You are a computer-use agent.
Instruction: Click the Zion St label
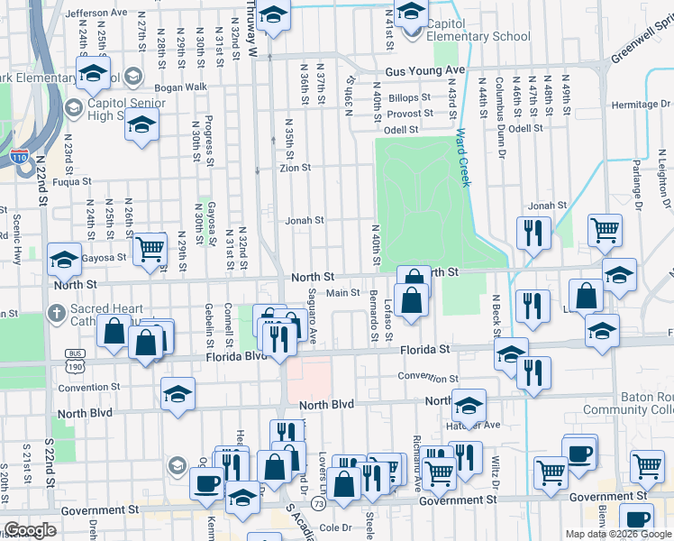(x=295, y=168)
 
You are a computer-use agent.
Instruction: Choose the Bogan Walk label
(x=180, y=87)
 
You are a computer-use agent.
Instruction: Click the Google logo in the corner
(x=30, y=530)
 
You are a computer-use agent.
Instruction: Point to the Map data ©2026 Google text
(x=617, y=534)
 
